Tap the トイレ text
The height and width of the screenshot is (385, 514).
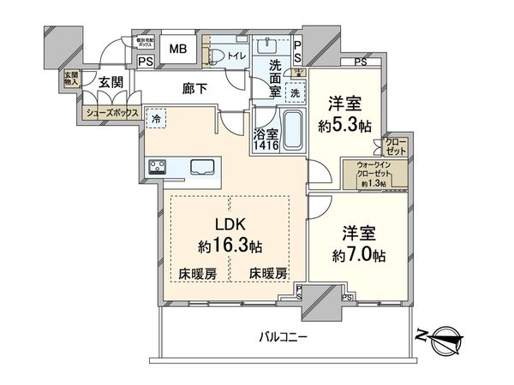point(236,56)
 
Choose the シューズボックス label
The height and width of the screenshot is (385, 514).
point(111,112)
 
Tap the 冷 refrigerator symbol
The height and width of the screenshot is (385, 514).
point(156,119)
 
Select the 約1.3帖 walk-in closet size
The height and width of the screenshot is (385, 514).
point(373,184)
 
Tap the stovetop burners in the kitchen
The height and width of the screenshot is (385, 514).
point(158,167)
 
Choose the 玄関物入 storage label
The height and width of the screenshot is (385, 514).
point(69,79)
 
